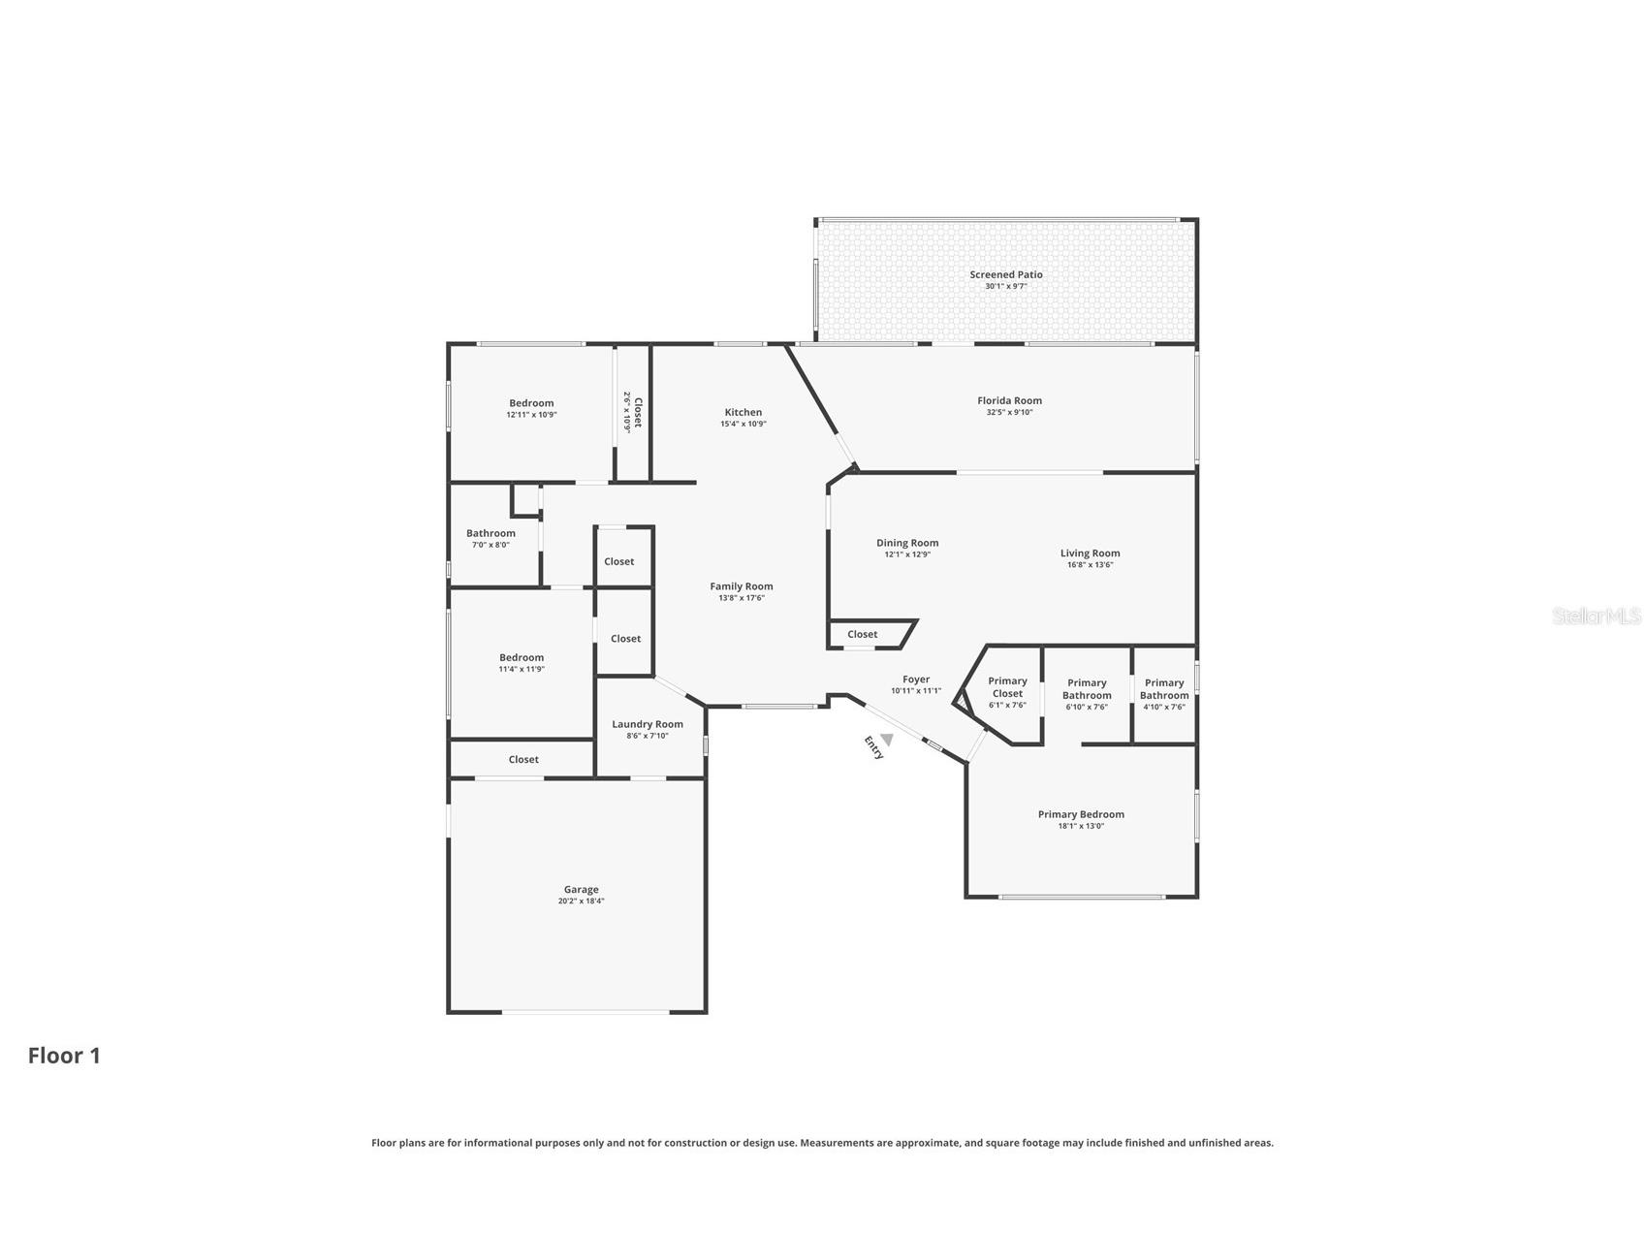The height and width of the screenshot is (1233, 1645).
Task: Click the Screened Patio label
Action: (1006, 274)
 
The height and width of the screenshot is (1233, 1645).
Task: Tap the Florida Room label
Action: (1009, 400)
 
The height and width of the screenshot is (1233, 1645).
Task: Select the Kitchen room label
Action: (743, 412)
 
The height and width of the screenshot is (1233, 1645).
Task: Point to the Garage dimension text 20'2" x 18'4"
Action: (582, 901)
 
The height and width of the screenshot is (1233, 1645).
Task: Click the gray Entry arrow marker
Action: (886, 740)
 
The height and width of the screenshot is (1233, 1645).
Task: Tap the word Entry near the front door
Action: (873, 747)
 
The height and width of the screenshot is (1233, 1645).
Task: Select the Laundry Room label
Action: (648, 724)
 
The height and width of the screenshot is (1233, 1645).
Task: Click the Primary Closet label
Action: (1007, 687)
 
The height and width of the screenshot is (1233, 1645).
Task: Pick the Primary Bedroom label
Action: (1081, 814)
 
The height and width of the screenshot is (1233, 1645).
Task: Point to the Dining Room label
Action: (907, 543)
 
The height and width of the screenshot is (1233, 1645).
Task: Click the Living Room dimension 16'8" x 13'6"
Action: (1090, 565)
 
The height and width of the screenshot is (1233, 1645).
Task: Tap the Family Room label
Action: (742, 586)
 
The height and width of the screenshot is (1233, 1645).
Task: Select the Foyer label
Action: (916, 680)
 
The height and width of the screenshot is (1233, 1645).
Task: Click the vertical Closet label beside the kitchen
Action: (638, 412)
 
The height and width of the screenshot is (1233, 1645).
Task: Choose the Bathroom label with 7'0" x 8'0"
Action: (490, 533)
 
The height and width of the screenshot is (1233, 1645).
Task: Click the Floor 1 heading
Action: (64, 1056)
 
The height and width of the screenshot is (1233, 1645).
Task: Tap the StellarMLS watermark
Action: (1597, 616)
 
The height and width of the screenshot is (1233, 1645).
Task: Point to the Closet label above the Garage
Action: (523, 759)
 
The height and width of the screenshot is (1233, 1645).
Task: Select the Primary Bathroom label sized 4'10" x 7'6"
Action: (1164, 689)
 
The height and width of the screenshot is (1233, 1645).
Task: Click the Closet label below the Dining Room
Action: (862, 634)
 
